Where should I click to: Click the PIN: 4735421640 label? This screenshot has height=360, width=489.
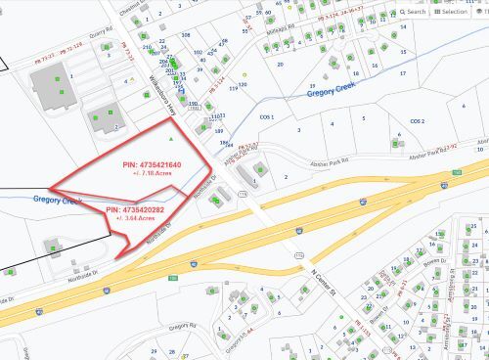pyautogui.click(x=153, y=166)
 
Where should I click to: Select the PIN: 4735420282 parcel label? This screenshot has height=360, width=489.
pyautogui.click(x=135, y=209)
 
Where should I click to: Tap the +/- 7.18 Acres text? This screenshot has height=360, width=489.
pyautogui.click(x=152, y=177)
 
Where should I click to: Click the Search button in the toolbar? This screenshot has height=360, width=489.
pyautogui.click(x=413, y=12)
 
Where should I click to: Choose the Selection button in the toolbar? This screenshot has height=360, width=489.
pyautogui.click(x=451, y=12)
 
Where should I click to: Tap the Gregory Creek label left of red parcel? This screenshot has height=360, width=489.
pyautogui.click(x=56, y=201)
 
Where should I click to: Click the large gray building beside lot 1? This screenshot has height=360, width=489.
pyautogui.click(x=55, y=91)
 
